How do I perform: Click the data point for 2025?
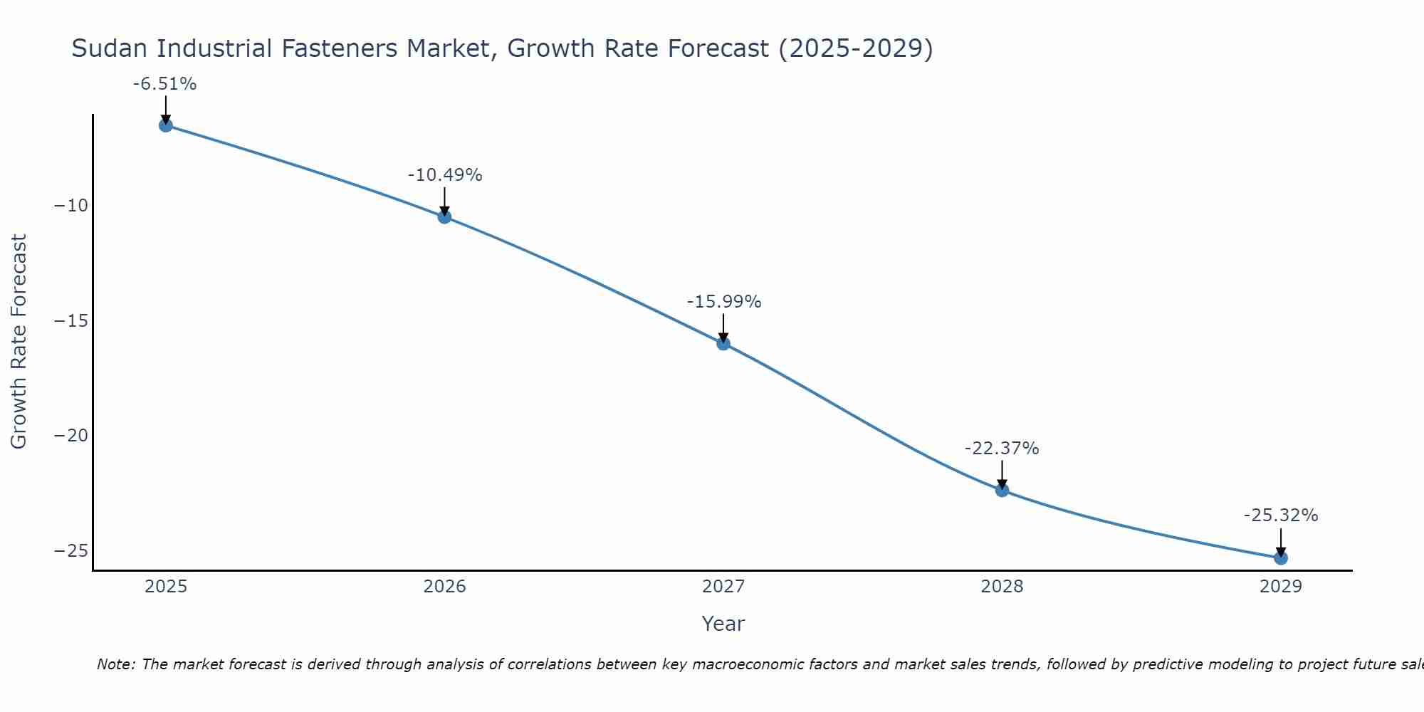point(166,125)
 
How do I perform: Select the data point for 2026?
point(444,216)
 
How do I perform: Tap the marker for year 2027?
point(723,343)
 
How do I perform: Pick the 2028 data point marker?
point(1002,490)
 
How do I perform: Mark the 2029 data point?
point(1281,557)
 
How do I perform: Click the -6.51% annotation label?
point(164,84)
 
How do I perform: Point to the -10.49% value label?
point(445,175)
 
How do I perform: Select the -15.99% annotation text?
point(724,302)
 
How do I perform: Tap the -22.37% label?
point(1002,449)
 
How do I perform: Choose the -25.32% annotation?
point(1281,515)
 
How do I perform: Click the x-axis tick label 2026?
point(444,587)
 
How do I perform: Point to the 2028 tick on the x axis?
point(1002,587)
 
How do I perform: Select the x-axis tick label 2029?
point(1281,587)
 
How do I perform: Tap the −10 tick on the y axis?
point(71,206)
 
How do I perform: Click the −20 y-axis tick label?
point(71,436)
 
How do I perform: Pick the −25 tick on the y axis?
point(71,550)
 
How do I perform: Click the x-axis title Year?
point(723,624)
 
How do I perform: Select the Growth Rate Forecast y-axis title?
point(19,342)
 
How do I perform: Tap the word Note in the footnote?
point(115,664)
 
